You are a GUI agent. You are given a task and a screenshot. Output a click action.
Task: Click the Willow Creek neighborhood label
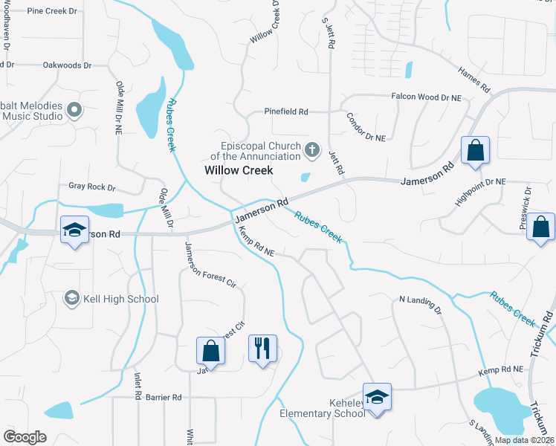[x=239, y=170]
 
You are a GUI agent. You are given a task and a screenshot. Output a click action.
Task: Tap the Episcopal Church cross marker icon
[x=313, y=152]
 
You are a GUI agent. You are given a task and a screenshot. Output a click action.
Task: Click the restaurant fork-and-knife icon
[x=262, y=349]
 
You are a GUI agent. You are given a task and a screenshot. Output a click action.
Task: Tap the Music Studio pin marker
[x=74, y=111]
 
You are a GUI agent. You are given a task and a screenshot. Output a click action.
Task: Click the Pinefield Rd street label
[x=286, y=111]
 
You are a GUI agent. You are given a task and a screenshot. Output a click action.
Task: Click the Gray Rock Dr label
[x=92, y=187]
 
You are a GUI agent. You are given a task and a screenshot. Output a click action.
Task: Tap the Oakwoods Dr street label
[x=67, y=65]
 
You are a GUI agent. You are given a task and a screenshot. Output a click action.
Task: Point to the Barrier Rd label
[x=164, y=398]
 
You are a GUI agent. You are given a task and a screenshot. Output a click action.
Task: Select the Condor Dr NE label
[x=366, y=127]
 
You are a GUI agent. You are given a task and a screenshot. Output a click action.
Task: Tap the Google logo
[x=25, y=436]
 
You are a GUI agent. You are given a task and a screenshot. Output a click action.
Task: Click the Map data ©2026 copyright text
[x=523, y=440]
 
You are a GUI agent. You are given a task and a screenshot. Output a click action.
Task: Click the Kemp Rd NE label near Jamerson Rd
[x=256, y=243]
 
